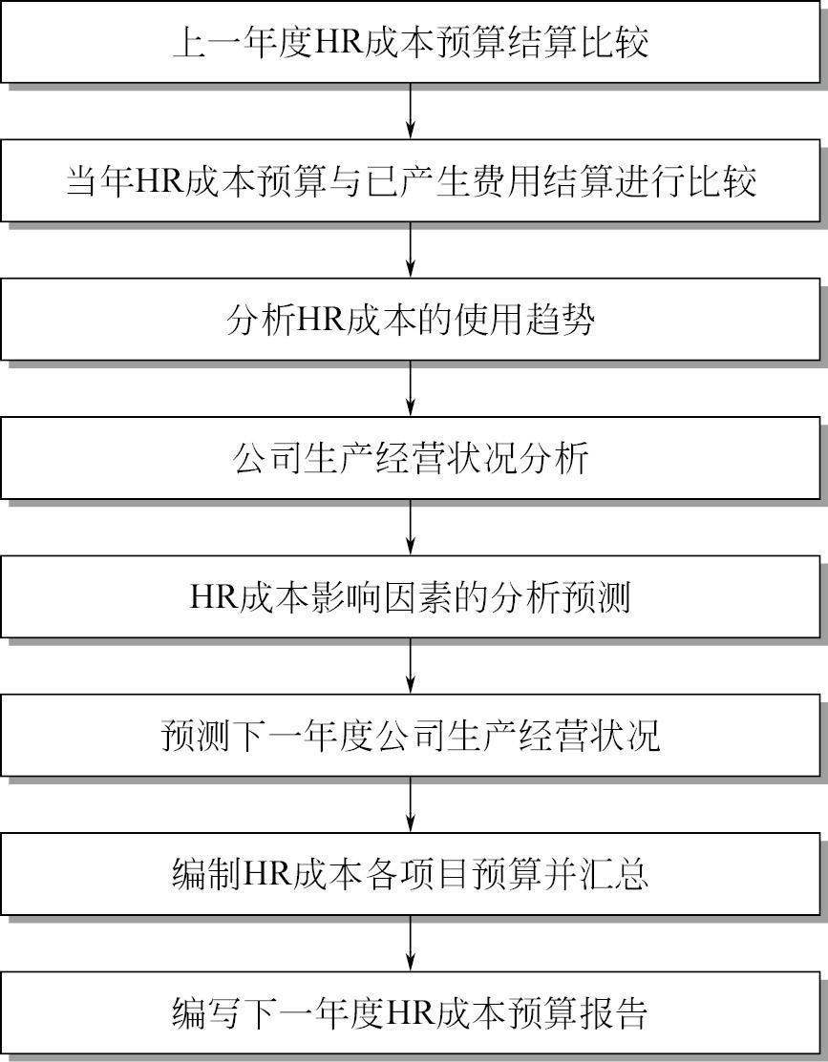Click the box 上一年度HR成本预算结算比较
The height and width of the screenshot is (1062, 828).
411,42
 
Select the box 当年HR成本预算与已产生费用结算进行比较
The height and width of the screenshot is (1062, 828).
411,181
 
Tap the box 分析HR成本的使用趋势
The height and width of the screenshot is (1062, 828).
411,319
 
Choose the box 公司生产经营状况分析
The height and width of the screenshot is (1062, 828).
411,458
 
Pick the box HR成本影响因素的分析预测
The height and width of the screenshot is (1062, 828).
411,596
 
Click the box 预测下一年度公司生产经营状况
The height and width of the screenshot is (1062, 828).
411,735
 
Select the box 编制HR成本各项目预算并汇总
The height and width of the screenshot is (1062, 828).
411,874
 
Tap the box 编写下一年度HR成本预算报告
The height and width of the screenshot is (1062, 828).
411,1012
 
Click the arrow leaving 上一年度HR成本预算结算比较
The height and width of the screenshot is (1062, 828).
411,111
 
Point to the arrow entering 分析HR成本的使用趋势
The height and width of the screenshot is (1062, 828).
411,250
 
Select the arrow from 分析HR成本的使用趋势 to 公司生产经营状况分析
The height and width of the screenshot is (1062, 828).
411,388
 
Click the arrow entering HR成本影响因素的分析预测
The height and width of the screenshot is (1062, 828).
411,527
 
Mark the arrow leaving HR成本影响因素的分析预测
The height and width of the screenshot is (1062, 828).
411,666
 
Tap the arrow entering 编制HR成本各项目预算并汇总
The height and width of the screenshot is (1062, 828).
411,804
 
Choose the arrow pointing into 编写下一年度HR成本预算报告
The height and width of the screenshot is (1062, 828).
411,943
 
